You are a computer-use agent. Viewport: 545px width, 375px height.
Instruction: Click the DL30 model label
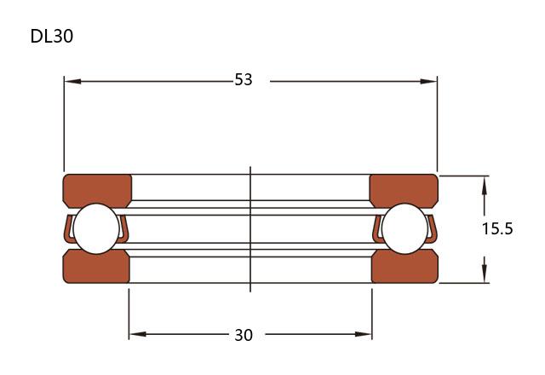(52, 36)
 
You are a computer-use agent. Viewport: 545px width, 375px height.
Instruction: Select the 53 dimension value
(244, 79)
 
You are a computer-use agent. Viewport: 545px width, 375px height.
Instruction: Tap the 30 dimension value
(244, 335)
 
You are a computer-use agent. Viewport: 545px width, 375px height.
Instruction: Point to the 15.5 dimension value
(497, 229)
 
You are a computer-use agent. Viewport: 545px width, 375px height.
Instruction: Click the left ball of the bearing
(96, 228)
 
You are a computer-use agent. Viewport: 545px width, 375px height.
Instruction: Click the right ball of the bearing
(404, 228)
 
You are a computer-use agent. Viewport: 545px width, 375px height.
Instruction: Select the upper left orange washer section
(97, 189)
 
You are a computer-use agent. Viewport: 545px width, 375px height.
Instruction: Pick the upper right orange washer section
(404, 189)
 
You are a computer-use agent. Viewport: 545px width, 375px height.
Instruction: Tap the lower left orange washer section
(96, 267)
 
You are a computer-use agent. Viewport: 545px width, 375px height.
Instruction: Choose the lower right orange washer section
(404, 267)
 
